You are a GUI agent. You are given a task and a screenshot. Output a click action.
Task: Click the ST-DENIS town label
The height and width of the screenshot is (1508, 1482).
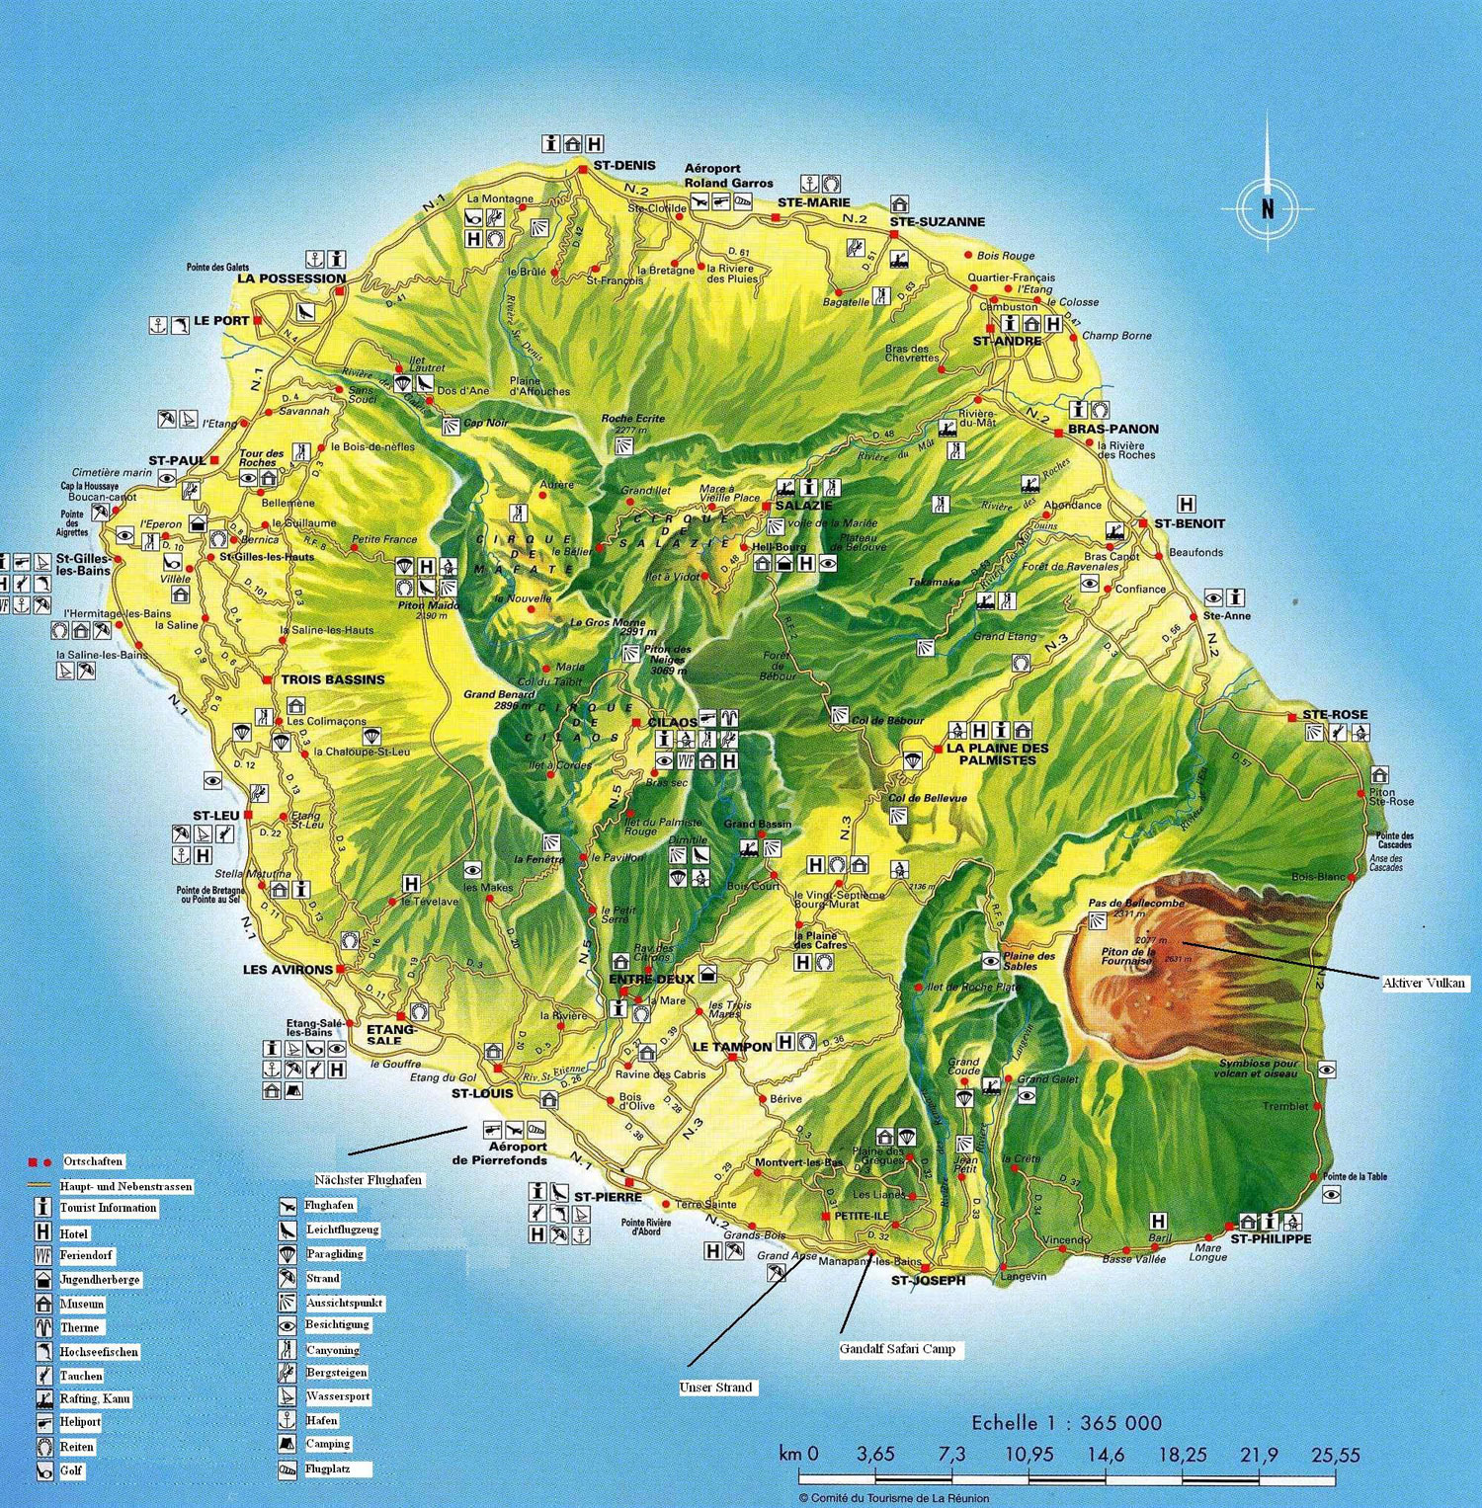[x=623, y=165]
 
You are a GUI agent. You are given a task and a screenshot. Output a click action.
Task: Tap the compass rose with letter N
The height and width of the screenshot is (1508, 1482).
[x=1267, y=208]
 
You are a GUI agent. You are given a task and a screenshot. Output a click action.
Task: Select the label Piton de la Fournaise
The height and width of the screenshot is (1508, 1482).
[x=1127, y=956]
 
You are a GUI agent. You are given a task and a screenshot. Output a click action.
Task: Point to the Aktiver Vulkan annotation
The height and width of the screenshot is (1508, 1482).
[x=1425, y=983]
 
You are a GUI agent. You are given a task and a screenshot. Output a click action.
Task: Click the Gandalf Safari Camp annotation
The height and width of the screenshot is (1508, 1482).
[x=897, y=1349]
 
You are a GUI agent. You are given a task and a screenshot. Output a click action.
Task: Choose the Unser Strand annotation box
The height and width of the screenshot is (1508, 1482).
[x=716, y=1388]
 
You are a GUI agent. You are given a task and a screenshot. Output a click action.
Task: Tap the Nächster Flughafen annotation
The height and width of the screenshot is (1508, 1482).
[x=368, y=1180]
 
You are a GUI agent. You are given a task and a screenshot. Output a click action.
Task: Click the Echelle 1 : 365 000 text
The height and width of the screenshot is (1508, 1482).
[x=1066, y=1423]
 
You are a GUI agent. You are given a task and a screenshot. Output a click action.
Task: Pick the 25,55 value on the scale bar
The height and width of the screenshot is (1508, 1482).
[x=1335, y=1455]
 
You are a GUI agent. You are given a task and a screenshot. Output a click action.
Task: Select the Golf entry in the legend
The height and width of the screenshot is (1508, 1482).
[x=72, y=1470]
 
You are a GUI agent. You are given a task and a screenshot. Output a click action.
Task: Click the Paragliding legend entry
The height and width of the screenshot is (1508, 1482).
[x=334, y=1254]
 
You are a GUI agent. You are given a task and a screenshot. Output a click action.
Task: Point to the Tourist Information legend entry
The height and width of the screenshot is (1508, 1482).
[x=108, y=1208]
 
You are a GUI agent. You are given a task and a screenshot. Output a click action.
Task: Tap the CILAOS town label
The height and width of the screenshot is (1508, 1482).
[x=672, y=723]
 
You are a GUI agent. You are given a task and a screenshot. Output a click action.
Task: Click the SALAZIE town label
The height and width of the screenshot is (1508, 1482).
[x=803, y=506]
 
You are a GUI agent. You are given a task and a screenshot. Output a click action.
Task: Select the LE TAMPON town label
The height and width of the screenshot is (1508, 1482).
[x=732, y=1047]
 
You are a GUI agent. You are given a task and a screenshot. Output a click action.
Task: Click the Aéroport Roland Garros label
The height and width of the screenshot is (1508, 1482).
[x=728, y=176]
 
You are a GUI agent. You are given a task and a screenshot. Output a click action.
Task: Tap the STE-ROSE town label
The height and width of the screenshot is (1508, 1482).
[x=1335, y=715]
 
